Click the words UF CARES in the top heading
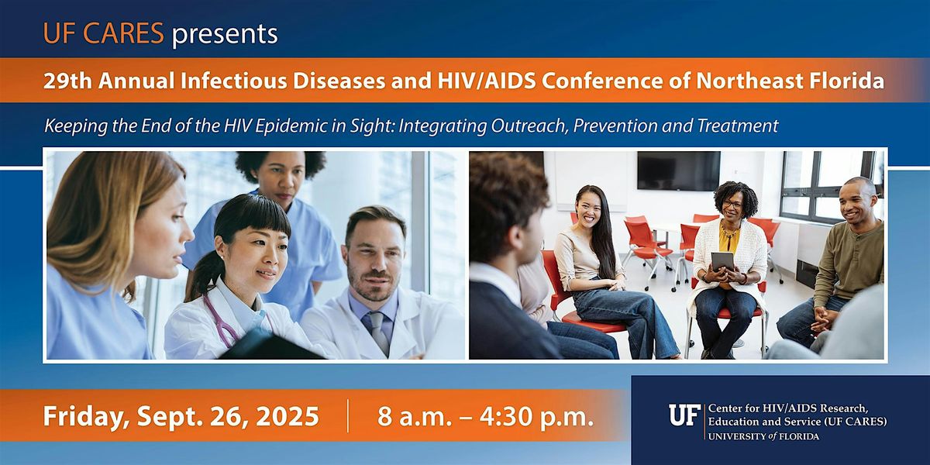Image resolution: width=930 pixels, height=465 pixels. point(104,34)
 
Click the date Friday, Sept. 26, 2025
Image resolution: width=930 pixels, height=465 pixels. point(181,417)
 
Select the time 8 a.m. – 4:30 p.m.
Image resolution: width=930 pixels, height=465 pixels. point(486,417)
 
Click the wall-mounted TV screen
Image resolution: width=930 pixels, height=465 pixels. point(678,170)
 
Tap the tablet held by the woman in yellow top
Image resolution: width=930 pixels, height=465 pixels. point(722,261)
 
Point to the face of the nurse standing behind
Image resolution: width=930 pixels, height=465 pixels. point(280,179)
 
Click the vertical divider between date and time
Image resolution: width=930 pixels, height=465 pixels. point(348,417)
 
